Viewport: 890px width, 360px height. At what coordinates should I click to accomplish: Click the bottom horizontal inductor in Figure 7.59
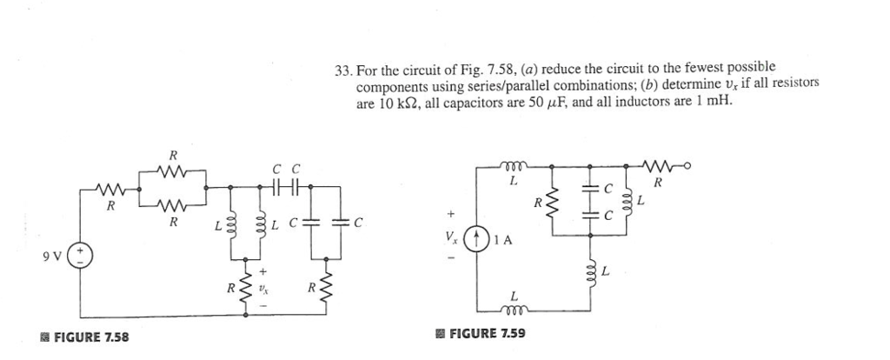[514, 310]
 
